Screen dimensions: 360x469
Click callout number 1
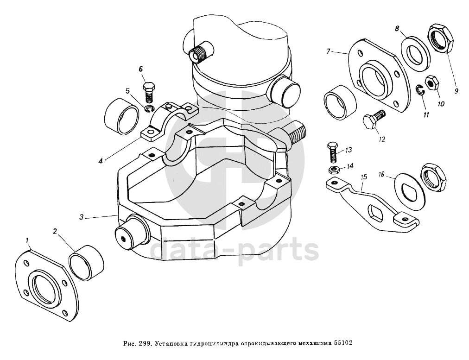click(28, 240)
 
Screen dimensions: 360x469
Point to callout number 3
click(82, 216)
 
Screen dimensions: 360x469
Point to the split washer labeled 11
click(420, 91)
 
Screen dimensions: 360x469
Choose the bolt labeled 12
click(373, 120)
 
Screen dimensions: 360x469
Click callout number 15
click(364, 177)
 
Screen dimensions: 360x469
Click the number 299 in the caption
click(145, 344)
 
